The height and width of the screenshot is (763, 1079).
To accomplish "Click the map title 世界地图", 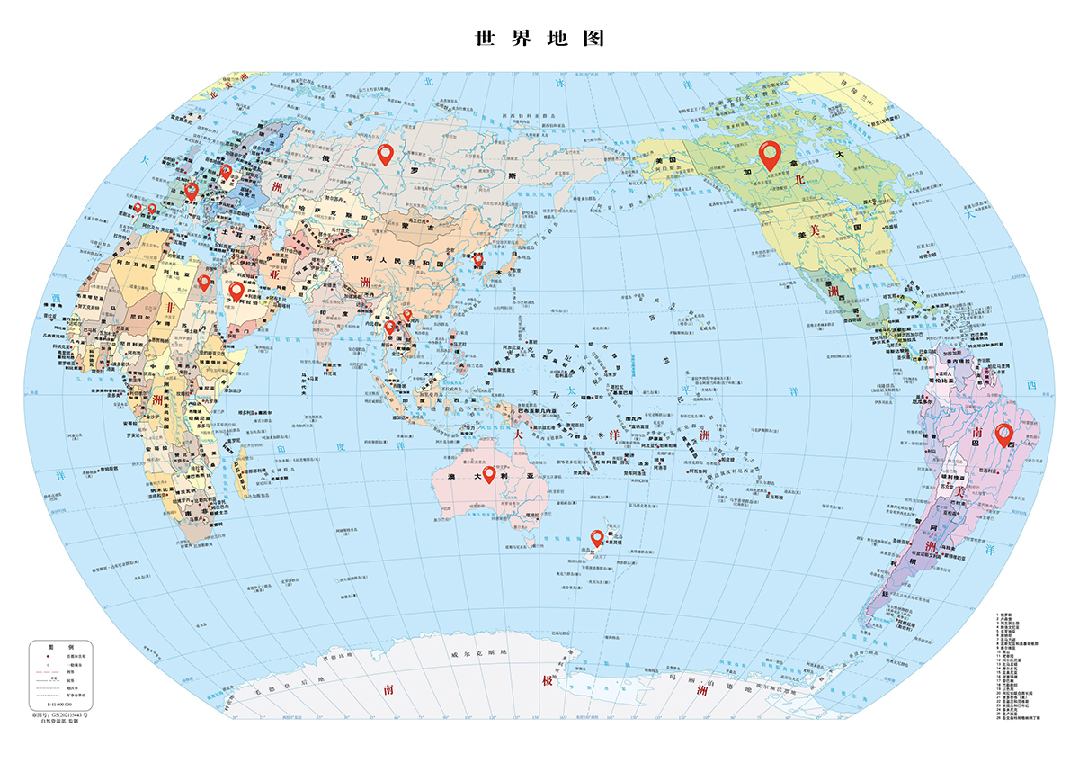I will coord(539,39).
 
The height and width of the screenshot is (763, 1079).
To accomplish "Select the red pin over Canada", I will coord(770,155).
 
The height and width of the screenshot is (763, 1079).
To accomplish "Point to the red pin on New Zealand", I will coord(596,537).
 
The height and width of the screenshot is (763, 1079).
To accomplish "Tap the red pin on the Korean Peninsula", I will coord(478,259).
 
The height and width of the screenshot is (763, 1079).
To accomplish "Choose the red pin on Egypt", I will coord(204,283).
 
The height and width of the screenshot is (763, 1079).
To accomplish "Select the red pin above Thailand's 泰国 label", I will coord(390,328).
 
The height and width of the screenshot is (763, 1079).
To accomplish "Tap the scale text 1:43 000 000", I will coord(62,703).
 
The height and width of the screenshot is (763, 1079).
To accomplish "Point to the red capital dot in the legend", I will coord(42,659).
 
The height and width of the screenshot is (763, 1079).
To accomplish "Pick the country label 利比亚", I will coord(176,270).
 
